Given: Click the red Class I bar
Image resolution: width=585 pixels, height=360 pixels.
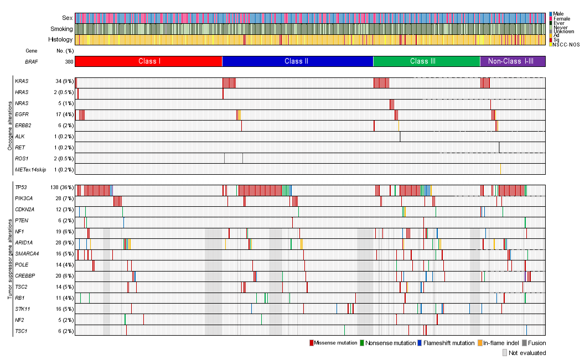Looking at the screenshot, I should coord(148,61).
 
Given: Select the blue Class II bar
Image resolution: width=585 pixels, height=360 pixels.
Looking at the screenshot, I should coord(297,61).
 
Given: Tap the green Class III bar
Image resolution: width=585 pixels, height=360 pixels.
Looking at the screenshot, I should coord(426,61).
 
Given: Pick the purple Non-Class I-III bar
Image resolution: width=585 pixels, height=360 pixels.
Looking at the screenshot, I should coord(512,61).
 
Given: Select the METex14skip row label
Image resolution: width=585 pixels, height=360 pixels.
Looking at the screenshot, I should coord(31,169).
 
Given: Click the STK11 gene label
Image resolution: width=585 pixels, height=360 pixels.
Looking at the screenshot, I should coord(22,309).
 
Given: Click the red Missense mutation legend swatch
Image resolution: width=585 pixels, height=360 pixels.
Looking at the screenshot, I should coord(312,343).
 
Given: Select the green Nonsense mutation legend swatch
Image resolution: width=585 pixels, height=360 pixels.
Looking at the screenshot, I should coord(362,343).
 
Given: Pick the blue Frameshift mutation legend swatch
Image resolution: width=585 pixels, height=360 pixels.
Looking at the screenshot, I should coord(420,343).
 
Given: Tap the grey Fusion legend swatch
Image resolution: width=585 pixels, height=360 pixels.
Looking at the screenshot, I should coord(524,343).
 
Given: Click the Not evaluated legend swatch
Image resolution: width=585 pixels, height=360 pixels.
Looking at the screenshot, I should coord(505,353).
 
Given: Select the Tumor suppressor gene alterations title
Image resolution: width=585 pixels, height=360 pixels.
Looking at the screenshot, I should coord(9,259).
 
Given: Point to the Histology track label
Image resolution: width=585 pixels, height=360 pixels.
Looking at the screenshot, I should coord(60,40).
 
